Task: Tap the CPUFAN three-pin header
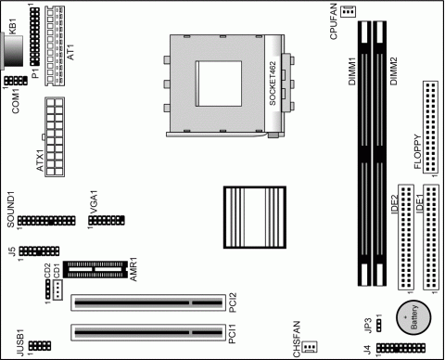[349, 12]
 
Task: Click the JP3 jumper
[378, 324]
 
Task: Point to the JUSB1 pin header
[40, 346]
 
